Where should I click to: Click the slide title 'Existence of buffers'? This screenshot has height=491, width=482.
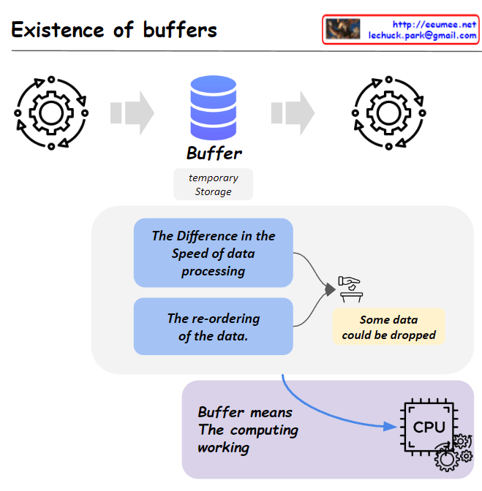114,30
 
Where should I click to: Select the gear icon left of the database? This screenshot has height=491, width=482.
50,113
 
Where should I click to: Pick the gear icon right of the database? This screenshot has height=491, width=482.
387,113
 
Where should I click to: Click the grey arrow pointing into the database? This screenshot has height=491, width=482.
132,113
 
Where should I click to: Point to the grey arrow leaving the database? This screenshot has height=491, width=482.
293,113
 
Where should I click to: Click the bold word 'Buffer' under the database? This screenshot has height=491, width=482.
214,153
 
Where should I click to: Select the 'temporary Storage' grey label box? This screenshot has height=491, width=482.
213,184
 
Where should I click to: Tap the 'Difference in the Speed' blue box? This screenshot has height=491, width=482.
214,253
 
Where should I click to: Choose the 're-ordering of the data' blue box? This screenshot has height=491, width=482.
214,327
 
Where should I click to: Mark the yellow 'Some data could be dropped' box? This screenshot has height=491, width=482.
388,327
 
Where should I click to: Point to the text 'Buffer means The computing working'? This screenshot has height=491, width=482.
248,430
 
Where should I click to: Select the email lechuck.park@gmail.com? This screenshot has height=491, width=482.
423,35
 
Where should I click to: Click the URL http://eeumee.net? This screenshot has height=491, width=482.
434,24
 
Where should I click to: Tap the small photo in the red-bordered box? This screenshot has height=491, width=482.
343,29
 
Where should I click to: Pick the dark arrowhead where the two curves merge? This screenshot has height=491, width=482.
330,290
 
